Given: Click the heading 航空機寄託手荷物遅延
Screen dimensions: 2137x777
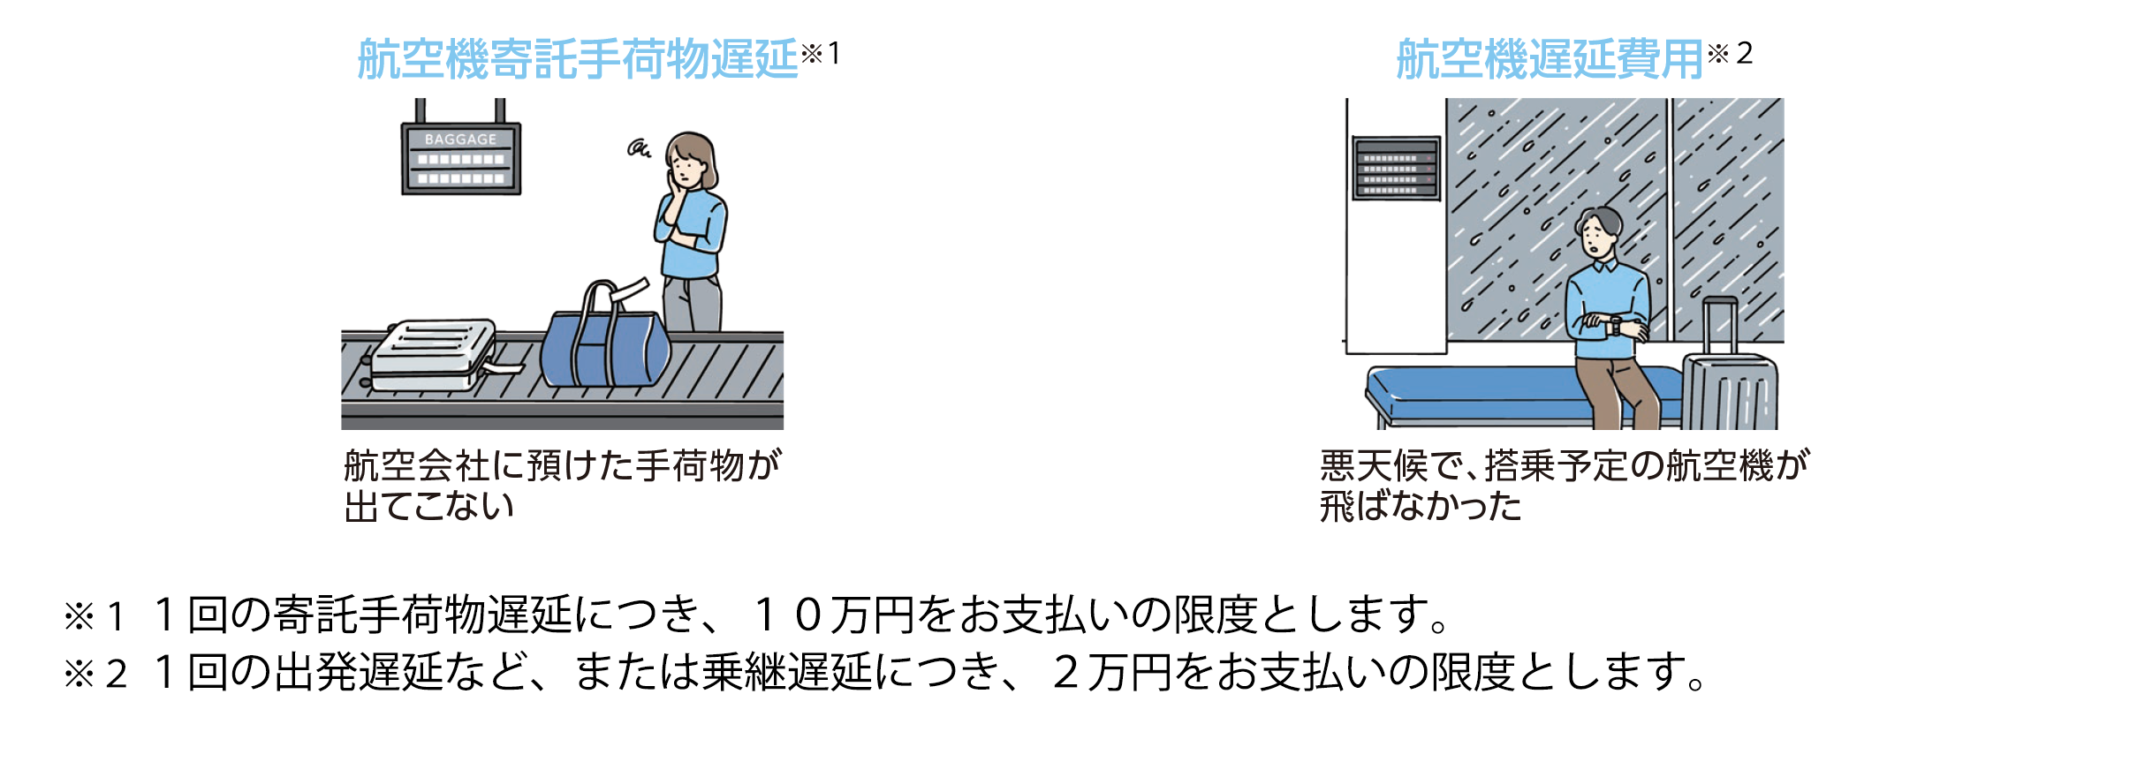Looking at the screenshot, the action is (x=578, y=60).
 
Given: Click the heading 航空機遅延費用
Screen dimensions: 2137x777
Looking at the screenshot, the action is (x=1550, y=60).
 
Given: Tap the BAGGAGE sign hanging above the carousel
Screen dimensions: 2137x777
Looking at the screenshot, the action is (x=461, y=157).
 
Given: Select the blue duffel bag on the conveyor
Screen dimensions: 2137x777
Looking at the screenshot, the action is (x=605, y=340).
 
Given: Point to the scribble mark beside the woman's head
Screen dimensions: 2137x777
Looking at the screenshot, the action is (x=639, y=148).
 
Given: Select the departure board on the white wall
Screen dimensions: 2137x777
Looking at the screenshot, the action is (x=1397, y=168).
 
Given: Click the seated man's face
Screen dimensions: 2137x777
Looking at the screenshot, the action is (x=1595, y=238).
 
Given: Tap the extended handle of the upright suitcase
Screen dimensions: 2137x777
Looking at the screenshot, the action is (x=1720, y=327).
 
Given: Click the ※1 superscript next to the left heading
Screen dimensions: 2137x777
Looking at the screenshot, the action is (x=821, y=53).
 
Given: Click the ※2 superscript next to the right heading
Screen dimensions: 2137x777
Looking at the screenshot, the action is (x=1730, y=53).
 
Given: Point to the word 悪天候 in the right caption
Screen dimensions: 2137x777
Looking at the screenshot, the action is (x=1374, y=465).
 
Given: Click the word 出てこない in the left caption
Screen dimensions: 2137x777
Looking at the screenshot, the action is (x=429, y=506).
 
